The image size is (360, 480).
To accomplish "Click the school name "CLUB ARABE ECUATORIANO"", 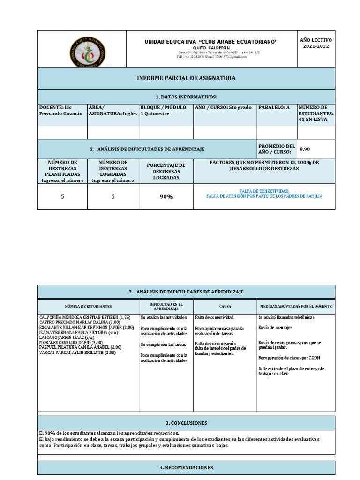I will point(211,42).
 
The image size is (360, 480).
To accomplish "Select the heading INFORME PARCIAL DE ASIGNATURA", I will point(186,78).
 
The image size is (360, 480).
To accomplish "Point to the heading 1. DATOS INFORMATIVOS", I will point(186,97).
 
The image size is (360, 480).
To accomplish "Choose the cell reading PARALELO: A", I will point(274,108).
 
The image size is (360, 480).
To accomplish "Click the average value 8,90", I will point(305,149).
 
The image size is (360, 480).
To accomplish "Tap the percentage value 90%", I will point(166,197).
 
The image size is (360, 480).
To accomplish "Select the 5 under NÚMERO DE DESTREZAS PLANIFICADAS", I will point(62,197).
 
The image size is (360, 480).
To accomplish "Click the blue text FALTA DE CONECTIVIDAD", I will point(264,191).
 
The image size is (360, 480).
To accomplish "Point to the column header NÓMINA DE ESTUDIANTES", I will point(88,306).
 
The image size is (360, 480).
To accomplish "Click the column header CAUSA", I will point(225,306).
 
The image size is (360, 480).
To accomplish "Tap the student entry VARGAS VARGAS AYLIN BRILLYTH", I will point(77,352).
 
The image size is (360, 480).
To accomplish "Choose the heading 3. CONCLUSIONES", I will point(186,423).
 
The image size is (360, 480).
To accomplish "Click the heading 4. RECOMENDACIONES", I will point(186,467).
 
